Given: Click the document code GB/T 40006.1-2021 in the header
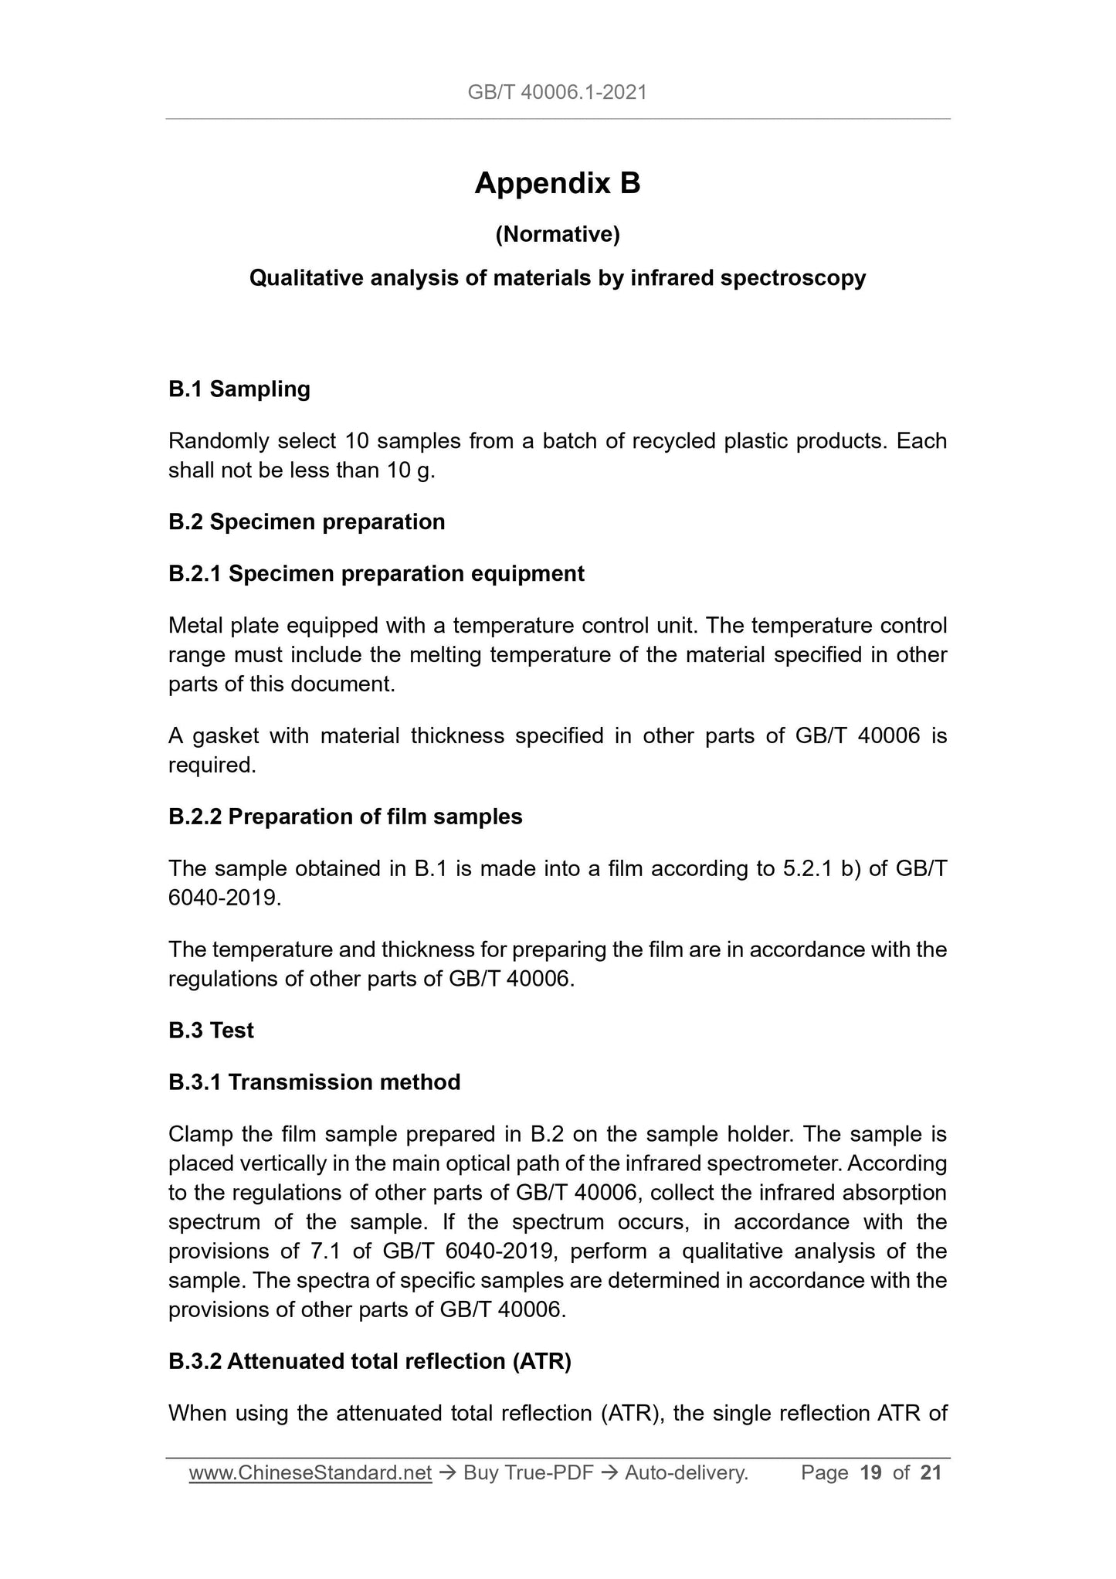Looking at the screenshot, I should pos(557,93).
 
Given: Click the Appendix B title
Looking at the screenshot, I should pos(557,184).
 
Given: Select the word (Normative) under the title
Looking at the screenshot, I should pos(557,234).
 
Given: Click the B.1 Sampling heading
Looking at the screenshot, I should pos(239,389).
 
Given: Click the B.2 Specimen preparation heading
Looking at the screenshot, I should pos(307,522).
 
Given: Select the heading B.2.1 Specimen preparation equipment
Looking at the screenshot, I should pos(376,574).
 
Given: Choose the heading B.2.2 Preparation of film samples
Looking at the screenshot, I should pos(345,817).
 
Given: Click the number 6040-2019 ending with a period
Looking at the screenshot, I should pos(224,898).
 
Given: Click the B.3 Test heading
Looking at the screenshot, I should pos(211,1031).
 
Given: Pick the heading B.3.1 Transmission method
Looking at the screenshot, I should pos(314,1082).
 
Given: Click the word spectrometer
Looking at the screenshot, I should pos(772,1163).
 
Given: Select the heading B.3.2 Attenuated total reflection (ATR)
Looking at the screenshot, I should pos(370,1361).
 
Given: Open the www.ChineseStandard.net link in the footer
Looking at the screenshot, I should pos(310,1473).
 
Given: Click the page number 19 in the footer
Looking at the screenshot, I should pos(870,1473).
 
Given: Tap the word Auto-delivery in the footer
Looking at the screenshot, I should pos(686,1473).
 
